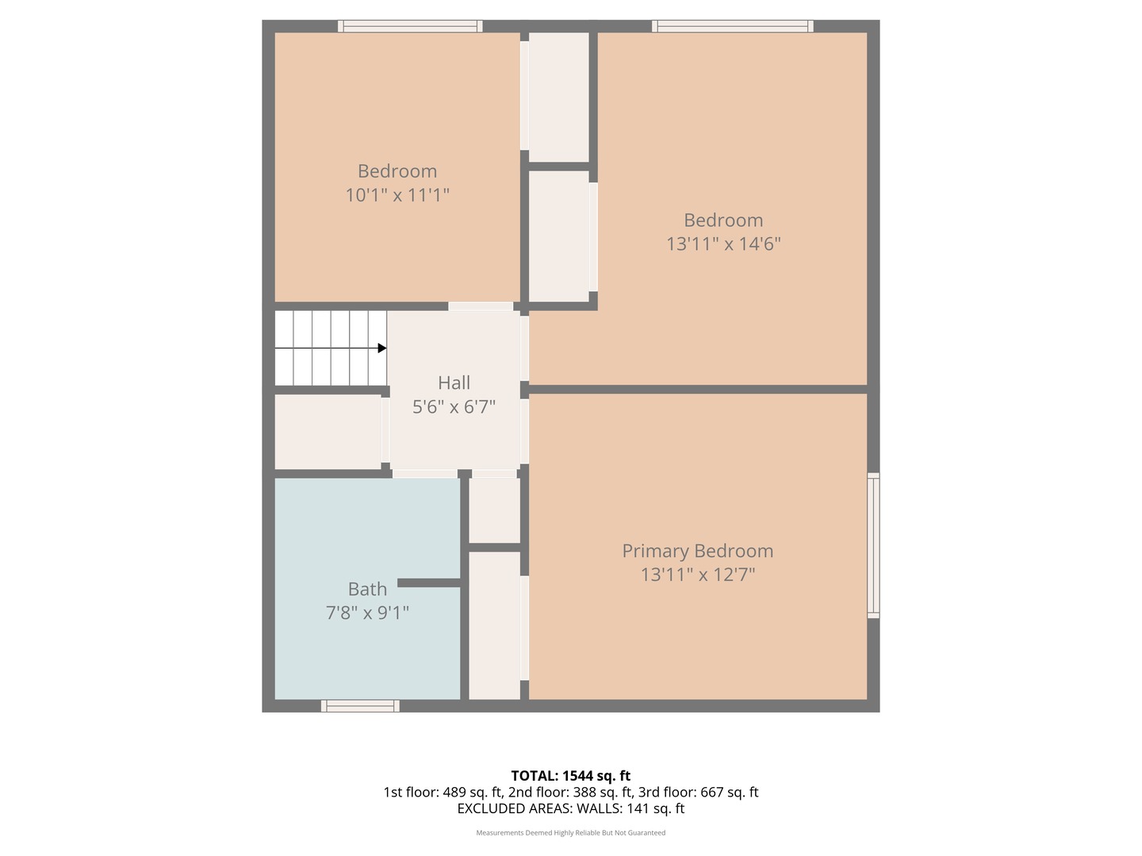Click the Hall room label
tap(454, 383)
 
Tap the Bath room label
tap(367, 589)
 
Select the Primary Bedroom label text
tap(697, 551)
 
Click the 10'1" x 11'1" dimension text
tap(397, 195)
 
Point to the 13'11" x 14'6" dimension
tap(723, 244)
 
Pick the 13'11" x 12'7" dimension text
tap(697, 575)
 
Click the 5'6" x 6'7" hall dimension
tap(454, 407)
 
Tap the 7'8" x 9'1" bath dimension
tap(367, 613)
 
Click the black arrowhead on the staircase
tap(382, 348)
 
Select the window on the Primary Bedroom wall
tap(873, 545)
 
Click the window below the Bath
tap(360, 706)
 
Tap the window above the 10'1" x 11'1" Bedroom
tap(410, 26)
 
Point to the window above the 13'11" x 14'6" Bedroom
tap(732, 26)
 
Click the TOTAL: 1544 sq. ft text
tap(570, 776)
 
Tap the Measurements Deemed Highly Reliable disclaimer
tap(570, 833)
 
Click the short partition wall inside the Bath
tap(428, 583)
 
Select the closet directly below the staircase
tap(328, 432)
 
